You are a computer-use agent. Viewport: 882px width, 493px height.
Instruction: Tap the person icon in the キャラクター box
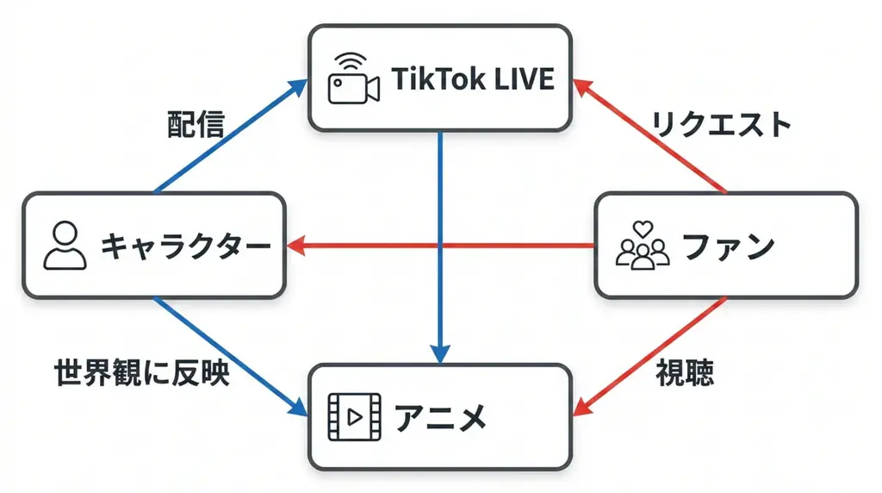coord(65,246)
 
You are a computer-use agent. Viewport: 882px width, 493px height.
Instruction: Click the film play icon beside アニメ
coord(353,418)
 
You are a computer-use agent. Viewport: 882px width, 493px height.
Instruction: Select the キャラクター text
coord(185,246)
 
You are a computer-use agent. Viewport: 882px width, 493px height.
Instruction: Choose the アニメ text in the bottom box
coord(441,419)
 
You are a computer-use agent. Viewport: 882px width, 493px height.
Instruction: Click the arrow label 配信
coord(196,125)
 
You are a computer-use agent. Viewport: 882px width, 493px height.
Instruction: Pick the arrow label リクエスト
coord(721,125)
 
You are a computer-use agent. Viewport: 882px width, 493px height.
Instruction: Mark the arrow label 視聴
coord(686,373)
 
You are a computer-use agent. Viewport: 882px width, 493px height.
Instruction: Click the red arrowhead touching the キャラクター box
coord(295,246)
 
